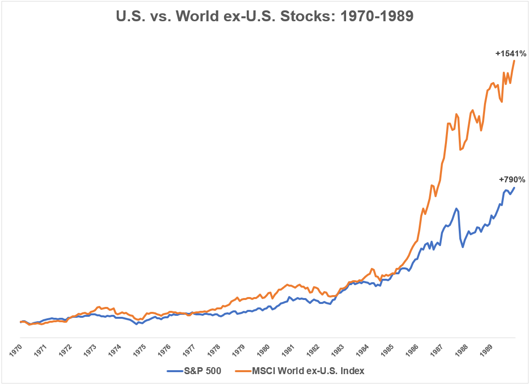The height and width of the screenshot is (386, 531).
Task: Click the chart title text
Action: click(265, 16)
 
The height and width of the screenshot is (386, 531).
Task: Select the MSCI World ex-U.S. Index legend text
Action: click(309, 370)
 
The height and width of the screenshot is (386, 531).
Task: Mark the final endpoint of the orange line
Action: click(515, 61)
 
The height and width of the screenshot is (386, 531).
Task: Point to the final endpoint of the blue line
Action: click(515, 187)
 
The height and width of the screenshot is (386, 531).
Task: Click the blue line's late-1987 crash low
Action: click(463, 247)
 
